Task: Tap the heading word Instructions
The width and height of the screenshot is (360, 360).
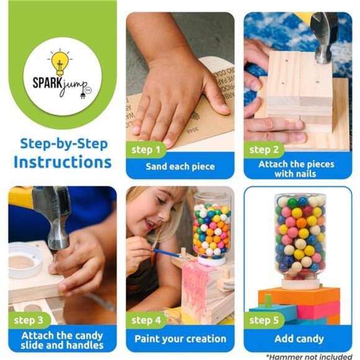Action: tap(63, 163)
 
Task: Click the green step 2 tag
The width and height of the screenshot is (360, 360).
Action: tap(265, 150)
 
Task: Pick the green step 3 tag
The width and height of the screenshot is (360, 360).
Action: tap(28, 320)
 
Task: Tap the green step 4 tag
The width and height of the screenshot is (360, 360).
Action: tap(146, 320)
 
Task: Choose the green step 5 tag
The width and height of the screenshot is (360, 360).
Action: tap(265, 320)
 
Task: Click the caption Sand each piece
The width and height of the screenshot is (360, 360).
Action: tap(180, 166)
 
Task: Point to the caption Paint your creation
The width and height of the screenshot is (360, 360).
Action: tap(180, 339)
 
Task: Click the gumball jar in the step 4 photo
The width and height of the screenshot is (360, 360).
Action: tap(211, 230)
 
